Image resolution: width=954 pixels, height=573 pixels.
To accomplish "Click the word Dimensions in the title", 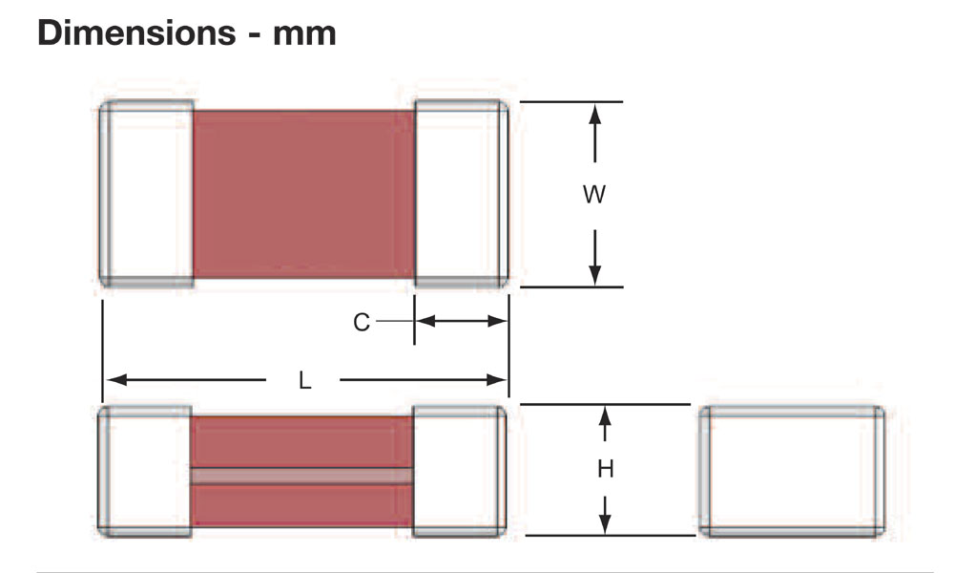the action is pos(136,32).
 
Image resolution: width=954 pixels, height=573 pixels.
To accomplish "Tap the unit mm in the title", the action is pos(304,34).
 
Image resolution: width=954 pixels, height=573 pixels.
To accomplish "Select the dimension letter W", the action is pos(594,195).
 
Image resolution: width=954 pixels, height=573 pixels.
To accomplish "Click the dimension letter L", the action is pos(305,381).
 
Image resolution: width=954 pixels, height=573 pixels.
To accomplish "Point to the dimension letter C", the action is pos(362,322).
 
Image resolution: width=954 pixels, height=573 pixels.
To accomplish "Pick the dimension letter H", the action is pos(606,469).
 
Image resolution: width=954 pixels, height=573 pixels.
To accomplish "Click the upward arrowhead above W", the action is pos(595,116).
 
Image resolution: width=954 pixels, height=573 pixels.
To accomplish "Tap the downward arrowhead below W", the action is pos(595,275).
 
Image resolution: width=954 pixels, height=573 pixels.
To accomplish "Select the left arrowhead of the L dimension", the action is pos(115,380).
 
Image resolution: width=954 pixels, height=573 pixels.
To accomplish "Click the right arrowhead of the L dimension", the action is pos(497,380).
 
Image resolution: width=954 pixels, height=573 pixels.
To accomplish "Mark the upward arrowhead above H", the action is pos(605,416).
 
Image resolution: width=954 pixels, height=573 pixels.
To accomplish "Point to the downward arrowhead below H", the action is pos(605,523).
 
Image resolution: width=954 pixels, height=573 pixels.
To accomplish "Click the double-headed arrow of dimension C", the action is pos(462,321).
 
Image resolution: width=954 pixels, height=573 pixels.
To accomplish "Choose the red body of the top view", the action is pos(303,194).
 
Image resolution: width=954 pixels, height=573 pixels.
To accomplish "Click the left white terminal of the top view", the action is pos(147,194).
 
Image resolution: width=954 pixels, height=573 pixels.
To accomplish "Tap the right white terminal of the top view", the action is pos(462,194).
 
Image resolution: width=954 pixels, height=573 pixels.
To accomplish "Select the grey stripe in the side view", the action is pos(301,477).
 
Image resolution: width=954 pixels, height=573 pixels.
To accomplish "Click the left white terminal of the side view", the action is pos(145,472).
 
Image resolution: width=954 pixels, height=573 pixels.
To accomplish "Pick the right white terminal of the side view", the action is pos(460,472).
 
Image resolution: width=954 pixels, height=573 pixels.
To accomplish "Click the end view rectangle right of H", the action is pos(792,472).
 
